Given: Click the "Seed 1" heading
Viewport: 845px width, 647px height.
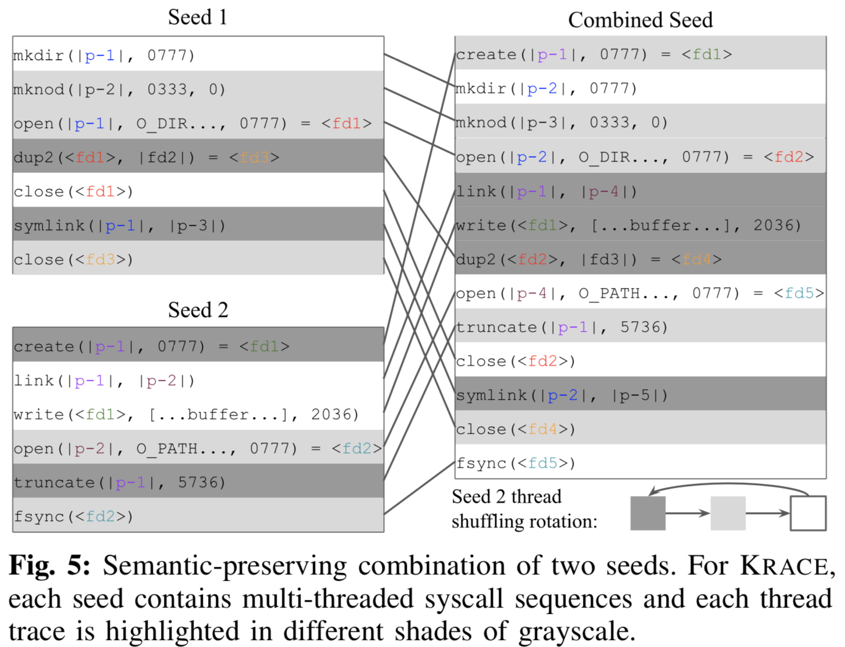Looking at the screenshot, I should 198,17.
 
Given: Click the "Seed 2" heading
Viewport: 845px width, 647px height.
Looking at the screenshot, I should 198,310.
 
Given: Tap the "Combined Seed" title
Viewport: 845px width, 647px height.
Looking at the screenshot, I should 640,20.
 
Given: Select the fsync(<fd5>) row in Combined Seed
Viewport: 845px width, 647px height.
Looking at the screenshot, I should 639,463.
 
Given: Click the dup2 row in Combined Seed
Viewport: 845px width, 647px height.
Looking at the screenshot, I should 639,259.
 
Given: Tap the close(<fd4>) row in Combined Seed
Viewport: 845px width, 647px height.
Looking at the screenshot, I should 639,429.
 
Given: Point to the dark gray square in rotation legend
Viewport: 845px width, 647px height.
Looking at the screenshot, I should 647,513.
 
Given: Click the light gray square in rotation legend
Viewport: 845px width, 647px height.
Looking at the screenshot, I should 728,513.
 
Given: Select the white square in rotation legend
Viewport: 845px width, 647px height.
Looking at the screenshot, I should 808,513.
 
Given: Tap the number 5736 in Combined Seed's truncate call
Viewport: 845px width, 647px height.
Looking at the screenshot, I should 644,328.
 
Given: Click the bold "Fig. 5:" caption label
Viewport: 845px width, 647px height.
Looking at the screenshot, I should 50,566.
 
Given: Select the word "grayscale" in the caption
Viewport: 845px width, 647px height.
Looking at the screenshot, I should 575,631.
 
